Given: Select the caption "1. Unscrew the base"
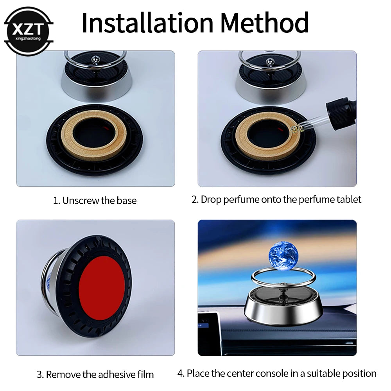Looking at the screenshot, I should coord(95,201).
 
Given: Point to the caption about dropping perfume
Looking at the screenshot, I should coord(276,199).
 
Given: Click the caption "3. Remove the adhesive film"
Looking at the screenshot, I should coord(95,374).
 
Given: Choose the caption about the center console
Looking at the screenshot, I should coord(277,373).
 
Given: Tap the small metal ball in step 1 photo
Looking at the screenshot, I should coord(94,59).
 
